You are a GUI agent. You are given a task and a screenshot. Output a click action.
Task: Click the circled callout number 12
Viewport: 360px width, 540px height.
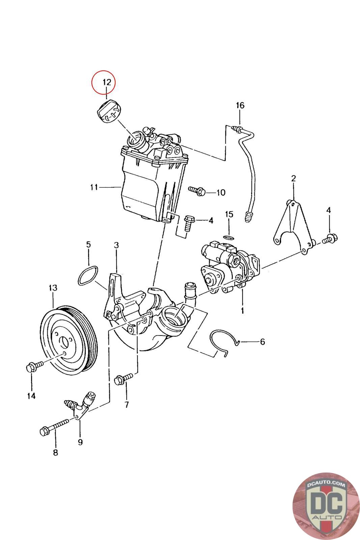[107, 82]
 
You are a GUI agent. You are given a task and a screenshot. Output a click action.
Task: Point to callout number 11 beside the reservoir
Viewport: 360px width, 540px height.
[94, 187]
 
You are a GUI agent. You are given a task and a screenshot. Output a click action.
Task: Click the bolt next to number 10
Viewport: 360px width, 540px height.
[197, 191]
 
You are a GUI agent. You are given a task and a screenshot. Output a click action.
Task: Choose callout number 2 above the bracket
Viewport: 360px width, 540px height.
[293, 179]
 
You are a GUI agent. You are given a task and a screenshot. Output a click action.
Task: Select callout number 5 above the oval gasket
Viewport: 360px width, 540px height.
[88, 244]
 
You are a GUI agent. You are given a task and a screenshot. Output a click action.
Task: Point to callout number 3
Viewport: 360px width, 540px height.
[116, 245]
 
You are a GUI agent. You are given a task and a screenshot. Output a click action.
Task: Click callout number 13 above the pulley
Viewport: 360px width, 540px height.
[53, 288]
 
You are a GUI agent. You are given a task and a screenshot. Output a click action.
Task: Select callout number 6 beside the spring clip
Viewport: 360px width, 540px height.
[262, 342]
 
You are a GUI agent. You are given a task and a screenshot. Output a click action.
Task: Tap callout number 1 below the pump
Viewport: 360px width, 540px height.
[242, 310]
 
